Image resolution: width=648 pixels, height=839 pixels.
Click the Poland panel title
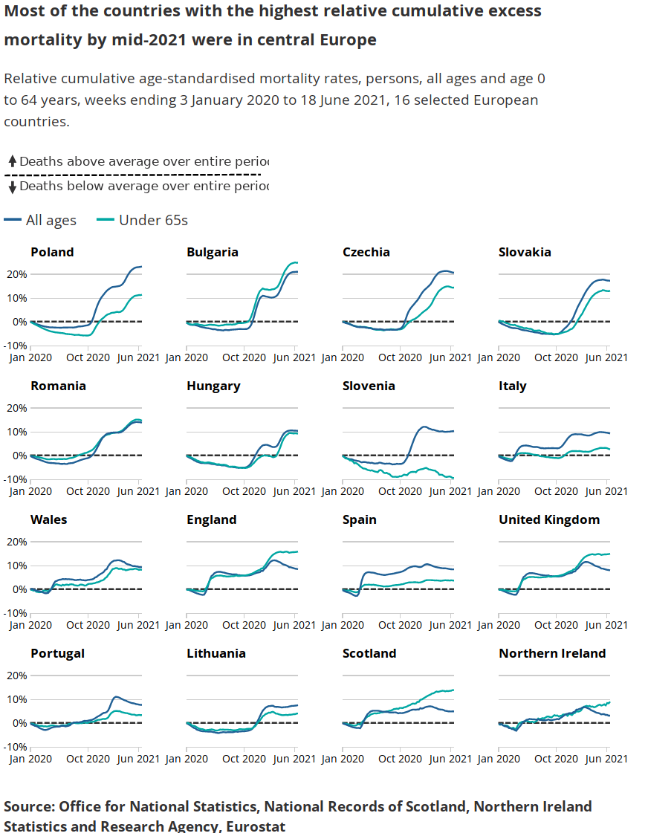(52, 252)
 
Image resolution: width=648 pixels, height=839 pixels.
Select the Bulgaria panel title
(213, 252)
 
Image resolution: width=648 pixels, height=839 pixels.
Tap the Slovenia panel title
(369, 386)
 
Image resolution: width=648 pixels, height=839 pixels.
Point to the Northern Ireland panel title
(552, 653)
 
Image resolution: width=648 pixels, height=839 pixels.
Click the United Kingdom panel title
(549, 519)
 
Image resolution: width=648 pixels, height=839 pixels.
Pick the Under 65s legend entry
(143, 220)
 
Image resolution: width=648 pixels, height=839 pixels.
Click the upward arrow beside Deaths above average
(13, 161)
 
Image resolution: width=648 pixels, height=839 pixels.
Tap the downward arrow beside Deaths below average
(13, 187)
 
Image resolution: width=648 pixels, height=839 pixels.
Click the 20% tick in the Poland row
(17, 274)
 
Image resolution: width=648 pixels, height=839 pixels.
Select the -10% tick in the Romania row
(16, 479)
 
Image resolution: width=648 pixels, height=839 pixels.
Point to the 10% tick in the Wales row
(17, 566)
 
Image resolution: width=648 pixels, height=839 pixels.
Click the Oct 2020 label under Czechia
(400, 357)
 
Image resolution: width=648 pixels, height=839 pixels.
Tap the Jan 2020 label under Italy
(498, 491)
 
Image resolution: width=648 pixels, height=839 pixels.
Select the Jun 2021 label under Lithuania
(295, 759)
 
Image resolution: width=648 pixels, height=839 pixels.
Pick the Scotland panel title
(369, 653)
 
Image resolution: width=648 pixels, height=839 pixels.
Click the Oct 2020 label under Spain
(400, 625)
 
